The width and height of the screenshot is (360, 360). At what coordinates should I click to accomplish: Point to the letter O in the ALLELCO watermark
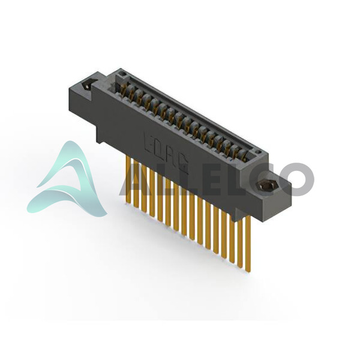point(296,179)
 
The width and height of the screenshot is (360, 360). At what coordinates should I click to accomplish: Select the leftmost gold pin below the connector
point(128,178)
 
